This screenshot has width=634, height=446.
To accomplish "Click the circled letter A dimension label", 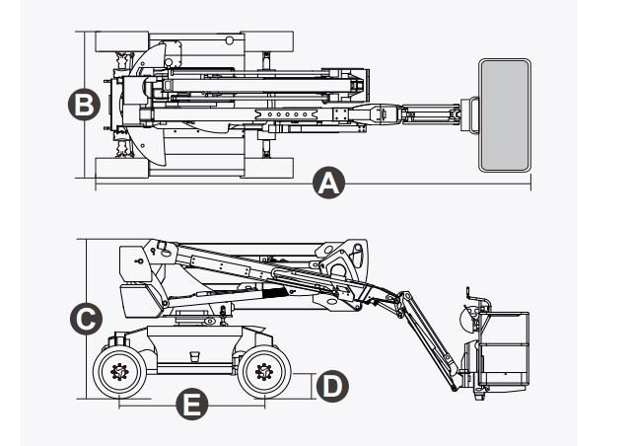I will click(328, 184).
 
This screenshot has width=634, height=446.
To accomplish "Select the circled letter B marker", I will click(85, 104).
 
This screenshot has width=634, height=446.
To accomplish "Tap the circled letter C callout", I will click(85, 318).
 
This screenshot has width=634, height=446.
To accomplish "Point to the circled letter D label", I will click(334, 385).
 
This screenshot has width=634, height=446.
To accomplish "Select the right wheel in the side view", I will click(262, 373).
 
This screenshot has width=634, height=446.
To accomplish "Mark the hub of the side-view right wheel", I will click(262, 373).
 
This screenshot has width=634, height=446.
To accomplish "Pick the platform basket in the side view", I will click(502, 350).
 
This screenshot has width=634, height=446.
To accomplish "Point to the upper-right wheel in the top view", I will click(269, 42).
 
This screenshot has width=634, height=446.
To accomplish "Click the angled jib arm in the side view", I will click(424, 335).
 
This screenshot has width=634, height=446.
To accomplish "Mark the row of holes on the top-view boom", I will click(286, 114).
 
